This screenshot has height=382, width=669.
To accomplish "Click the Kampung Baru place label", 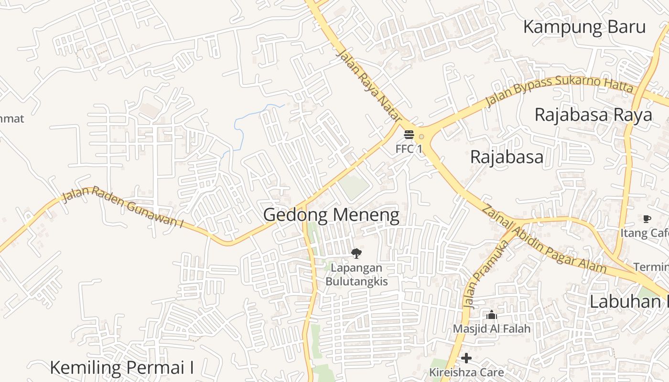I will click(584, 27).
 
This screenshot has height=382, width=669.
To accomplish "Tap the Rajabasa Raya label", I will click(593, 115).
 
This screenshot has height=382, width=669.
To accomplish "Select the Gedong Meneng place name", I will click(331, 215).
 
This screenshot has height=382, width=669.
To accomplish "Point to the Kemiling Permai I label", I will click(122, 368).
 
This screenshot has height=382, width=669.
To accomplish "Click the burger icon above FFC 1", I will click(409, 135).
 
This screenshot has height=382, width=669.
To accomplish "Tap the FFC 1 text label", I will click(409, 149).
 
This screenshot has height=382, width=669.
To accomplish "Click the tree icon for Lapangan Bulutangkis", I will click(356, 254).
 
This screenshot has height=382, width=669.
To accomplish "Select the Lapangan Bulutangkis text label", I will click(356, 275).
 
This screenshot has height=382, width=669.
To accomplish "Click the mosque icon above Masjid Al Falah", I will click(492, 315).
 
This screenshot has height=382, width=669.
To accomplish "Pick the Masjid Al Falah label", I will click(492, 329).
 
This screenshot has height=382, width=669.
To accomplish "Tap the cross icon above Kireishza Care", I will click(466, 358).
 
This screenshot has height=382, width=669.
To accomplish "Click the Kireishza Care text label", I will click(466, 372).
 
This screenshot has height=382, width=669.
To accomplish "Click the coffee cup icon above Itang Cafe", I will click(647, 219).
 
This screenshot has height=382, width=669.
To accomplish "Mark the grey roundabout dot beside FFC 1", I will click(421, 137).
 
